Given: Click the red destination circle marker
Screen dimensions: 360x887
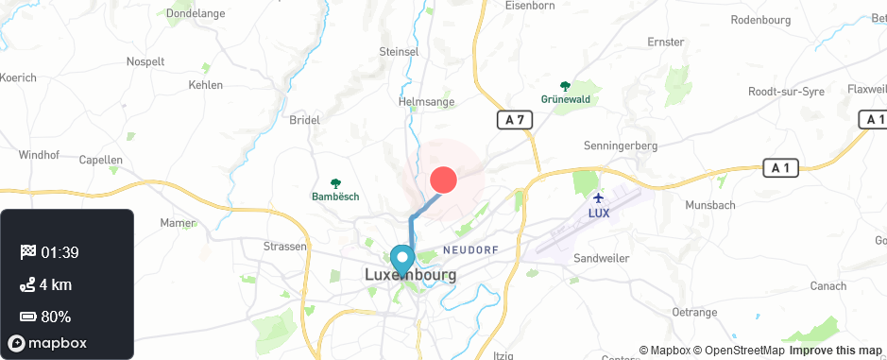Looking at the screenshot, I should [443, 180].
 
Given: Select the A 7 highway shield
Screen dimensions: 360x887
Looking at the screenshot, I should [515, 120].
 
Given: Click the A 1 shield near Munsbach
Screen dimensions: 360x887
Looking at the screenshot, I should [781, 168].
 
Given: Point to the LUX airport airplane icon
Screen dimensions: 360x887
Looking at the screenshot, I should [599, 197].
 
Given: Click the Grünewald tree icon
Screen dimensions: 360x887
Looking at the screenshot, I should [565, 86].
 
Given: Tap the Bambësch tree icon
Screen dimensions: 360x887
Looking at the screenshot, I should [335, 183].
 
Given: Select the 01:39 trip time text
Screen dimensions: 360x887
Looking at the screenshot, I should [60, 252].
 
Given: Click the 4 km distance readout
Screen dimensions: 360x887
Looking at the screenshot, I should [56, 284].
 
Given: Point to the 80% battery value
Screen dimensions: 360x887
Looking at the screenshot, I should [56, 317].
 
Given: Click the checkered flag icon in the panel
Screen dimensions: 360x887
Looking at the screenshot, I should [27, 252].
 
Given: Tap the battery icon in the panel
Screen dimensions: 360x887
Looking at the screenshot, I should [27, 317].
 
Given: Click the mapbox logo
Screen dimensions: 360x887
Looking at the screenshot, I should [47, 343].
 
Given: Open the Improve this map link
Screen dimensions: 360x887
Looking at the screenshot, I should [835, 351].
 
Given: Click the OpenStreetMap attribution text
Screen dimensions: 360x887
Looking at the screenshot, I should [739, 351].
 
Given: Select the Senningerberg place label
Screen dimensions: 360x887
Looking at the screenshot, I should [621, 146].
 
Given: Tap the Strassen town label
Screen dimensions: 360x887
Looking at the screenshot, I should [285, 246].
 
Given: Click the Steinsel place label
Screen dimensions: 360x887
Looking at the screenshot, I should [398, 51].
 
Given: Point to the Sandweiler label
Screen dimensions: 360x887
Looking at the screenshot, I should [602, 258].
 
